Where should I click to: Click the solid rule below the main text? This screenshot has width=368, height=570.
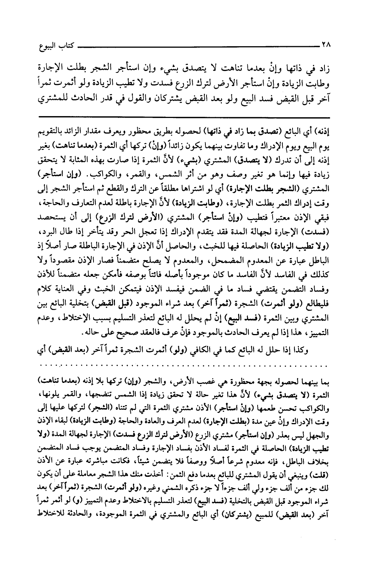pos(184,117)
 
